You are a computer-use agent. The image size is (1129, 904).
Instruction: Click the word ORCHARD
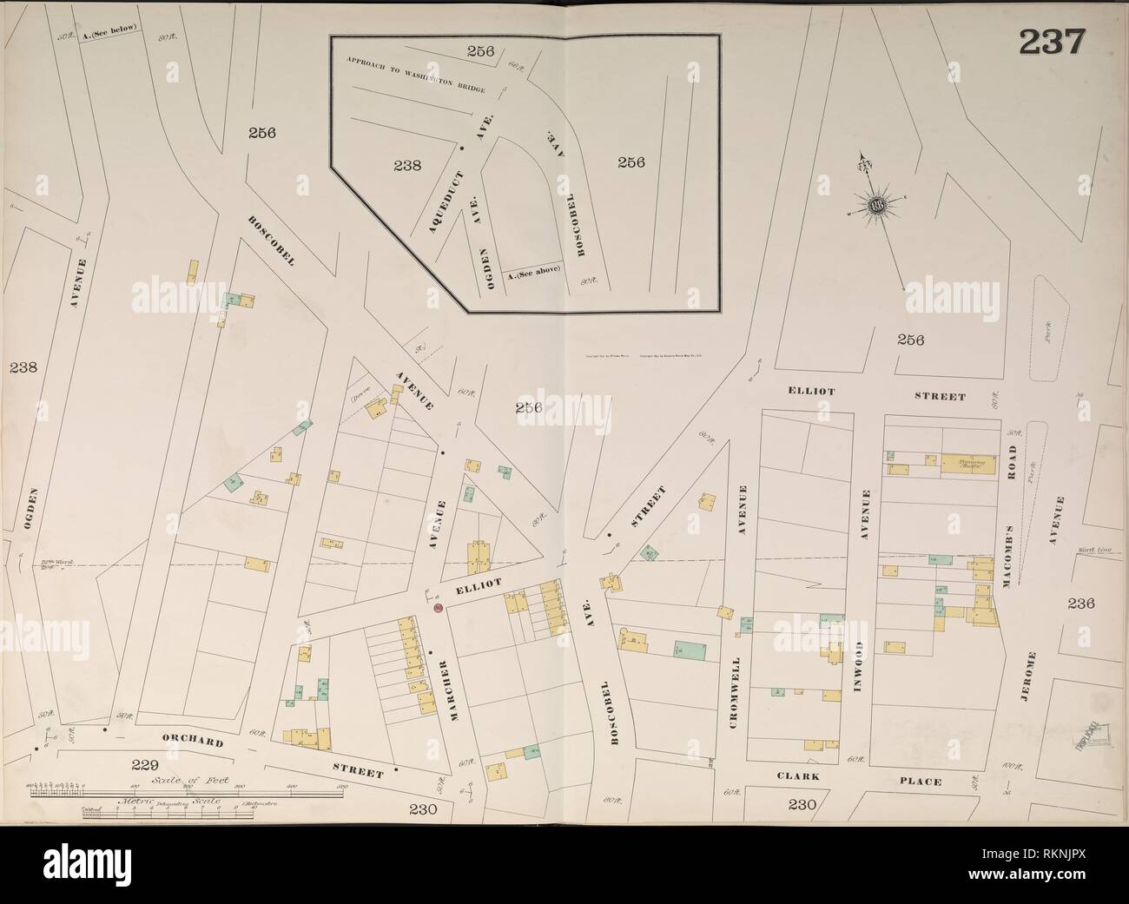click(x=186, y=742)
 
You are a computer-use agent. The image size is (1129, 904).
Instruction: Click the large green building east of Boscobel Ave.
click(x=691, y=650)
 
